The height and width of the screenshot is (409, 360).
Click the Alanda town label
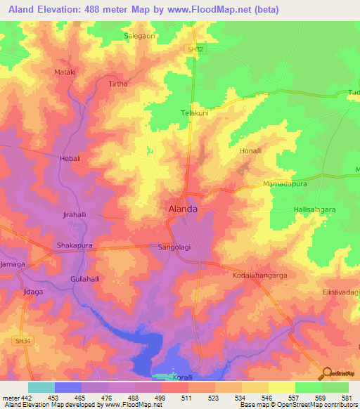(182, 209)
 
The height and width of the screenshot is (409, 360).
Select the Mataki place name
(65, 72)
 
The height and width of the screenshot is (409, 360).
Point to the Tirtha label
(118, 84)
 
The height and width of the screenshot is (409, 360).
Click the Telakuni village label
(196, 112)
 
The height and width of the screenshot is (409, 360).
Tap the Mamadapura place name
(282, 184)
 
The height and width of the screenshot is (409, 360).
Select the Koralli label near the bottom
(182, 377)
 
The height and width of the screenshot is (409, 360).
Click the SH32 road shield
(197, 50)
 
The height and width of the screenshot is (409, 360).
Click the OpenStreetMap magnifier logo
(326, 373)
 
